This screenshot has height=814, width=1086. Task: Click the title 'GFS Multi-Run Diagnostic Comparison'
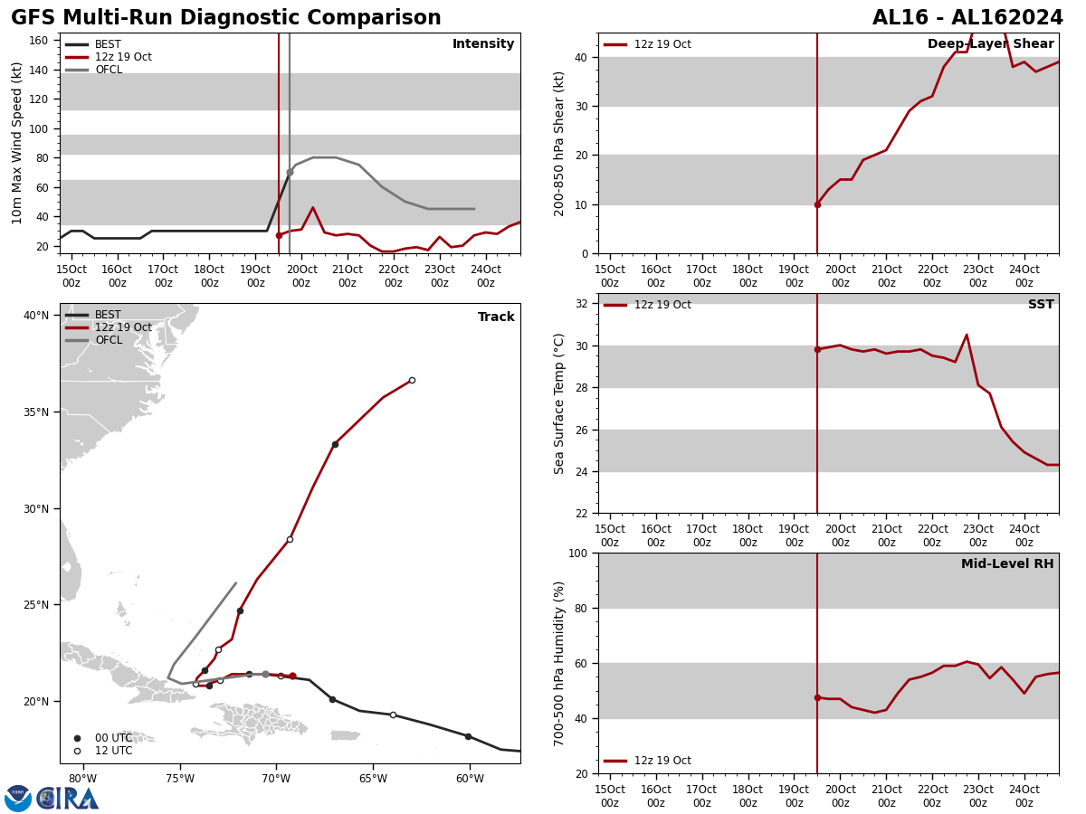tap(226, 18)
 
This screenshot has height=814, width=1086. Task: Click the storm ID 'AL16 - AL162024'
tap(967, 18)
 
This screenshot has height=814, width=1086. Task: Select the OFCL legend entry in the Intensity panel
tap(108, 70)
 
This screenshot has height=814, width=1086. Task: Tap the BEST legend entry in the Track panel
tap(108, 315)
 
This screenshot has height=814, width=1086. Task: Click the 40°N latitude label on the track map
tap(36, 316)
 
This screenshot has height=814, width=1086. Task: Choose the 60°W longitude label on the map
tap(469, 778)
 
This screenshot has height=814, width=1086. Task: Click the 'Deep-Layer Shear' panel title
tap(990, 44)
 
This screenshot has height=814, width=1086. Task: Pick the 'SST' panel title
tap(1040, 305)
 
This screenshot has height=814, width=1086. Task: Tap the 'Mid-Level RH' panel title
tap(1006, 564)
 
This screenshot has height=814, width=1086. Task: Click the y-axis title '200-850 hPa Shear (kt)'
tap(559, 143)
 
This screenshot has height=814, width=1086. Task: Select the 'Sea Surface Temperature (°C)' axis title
tap(559, 403)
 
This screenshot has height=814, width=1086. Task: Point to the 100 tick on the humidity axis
tap(576, 554)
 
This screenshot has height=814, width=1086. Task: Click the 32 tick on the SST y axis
tap(583, 304)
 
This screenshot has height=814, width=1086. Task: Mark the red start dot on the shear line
tap(817, 204)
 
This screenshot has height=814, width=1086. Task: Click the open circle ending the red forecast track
tap(412, 380)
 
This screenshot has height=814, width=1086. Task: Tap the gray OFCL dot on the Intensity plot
tap(290, 172)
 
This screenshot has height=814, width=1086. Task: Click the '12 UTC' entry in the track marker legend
tap(113, 751)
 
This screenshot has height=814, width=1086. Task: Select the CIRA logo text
tap(69, 799)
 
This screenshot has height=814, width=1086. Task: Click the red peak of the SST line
tap(967, 336)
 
